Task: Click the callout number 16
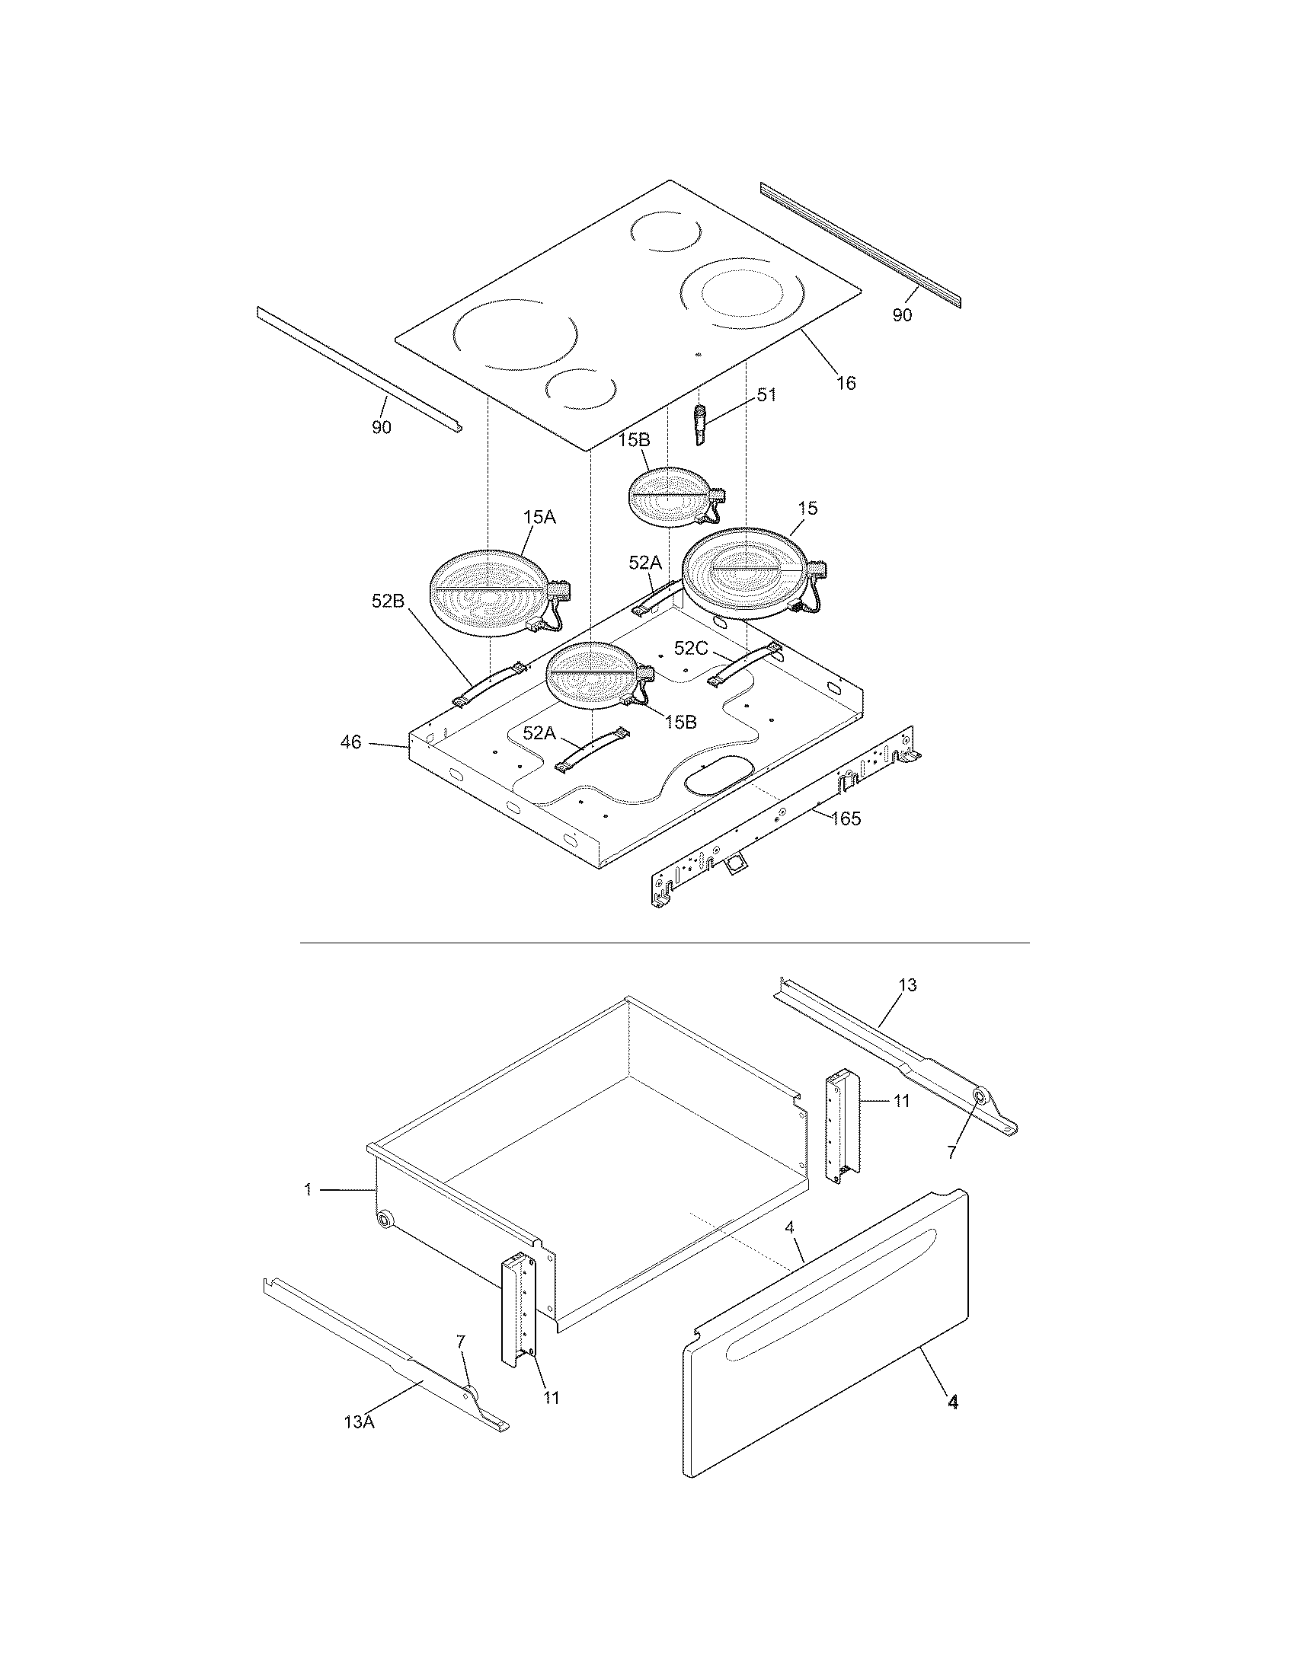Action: pyautogui.click(x=846, y=383)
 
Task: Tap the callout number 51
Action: pyautogui.click(x=766, y=394)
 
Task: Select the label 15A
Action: pyautogui.click(x=539, y=517)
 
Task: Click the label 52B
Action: pyautogui.click(x=388, y=601)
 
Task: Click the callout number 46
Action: pyautogui.click(x=350, y=742)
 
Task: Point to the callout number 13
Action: pyautogui.click(x=906, y=984)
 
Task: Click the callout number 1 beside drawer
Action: pyautogui.click(x=308, y=1189)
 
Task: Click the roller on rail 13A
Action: pyautogui.click(x=468, y=1393)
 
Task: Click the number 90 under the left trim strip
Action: pyautogui.click(x=382, y=427)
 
